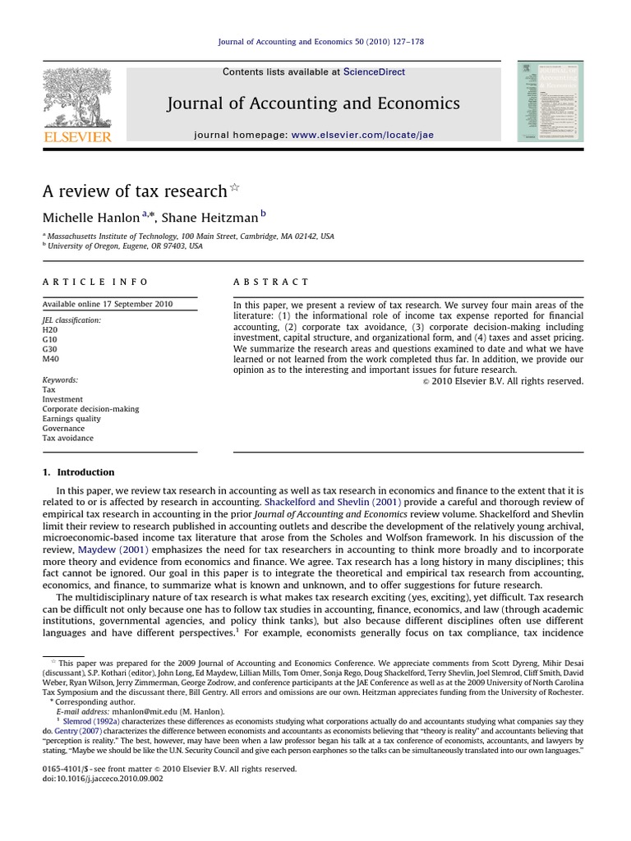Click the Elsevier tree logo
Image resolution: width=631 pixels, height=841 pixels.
(76, 95)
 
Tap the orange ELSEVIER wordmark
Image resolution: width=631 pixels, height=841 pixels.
(76, 136)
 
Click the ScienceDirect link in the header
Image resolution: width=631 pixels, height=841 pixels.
(374, 72)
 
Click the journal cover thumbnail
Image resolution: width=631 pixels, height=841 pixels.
(550, 101)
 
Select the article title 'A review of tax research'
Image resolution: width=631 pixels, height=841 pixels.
(135, 191)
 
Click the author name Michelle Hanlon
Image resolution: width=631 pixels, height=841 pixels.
(91, 218)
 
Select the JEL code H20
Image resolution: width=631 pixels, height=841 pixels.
(50, 329)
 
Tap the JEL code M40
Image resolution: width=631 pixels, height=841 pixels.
(51, 359)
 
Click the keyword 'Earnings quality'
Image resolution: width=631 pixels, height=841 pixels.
(71, 419)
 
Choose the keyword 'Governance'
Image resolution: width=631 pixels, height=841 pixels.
(63, 429)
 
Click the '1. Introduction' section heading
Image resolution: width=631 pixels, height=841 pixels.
(79, 472)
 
